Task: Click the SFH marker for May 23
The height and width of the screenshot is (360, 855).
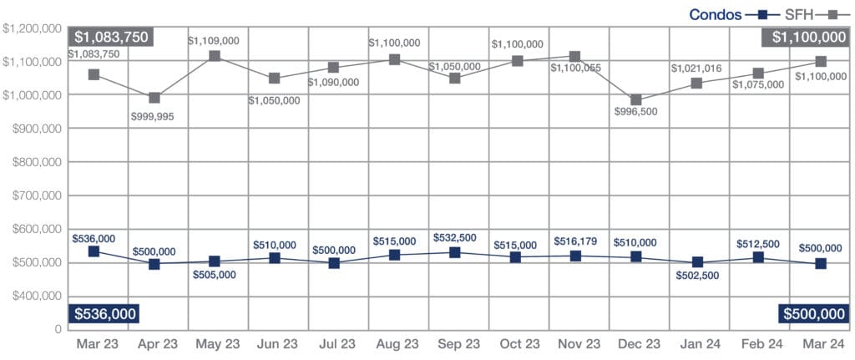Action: click(x=215, y=56)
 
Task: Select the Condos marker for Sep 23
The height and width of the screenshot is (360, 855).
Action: click(x=455, y=252)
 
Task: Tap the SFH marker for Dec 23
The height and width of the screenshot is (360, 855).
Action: click(x=636, y=100)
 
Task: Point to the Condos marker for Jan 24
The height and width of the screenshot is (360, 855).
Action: click(x=696, y=262)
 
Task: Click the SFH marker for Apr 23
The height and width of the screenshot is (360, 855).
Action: click(x=154, y=98)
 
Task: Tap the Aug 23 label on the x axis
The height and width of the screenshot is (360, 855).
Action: click(x=397, y=344)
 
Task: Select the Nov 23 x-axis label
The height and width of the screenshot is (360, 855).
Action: click(x=577, y=344)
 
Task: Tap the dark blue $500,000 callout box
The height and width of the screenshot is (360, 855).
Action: click(x=813, y=314)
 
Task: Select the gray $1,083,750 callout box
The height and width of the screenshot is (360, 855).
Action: click(x=111, y=37)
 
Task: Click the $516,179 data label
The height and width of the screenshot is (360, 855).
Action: click(x=576, y=241)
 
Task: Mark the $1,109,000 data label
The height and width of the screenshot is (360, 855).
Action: click(x=214, y=39)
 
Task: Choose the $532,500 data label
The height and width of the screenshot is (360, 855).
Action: click(x=456, y=239)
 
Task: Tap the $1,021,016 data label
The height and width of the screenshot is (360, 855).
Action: click(x=697, y=68)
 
